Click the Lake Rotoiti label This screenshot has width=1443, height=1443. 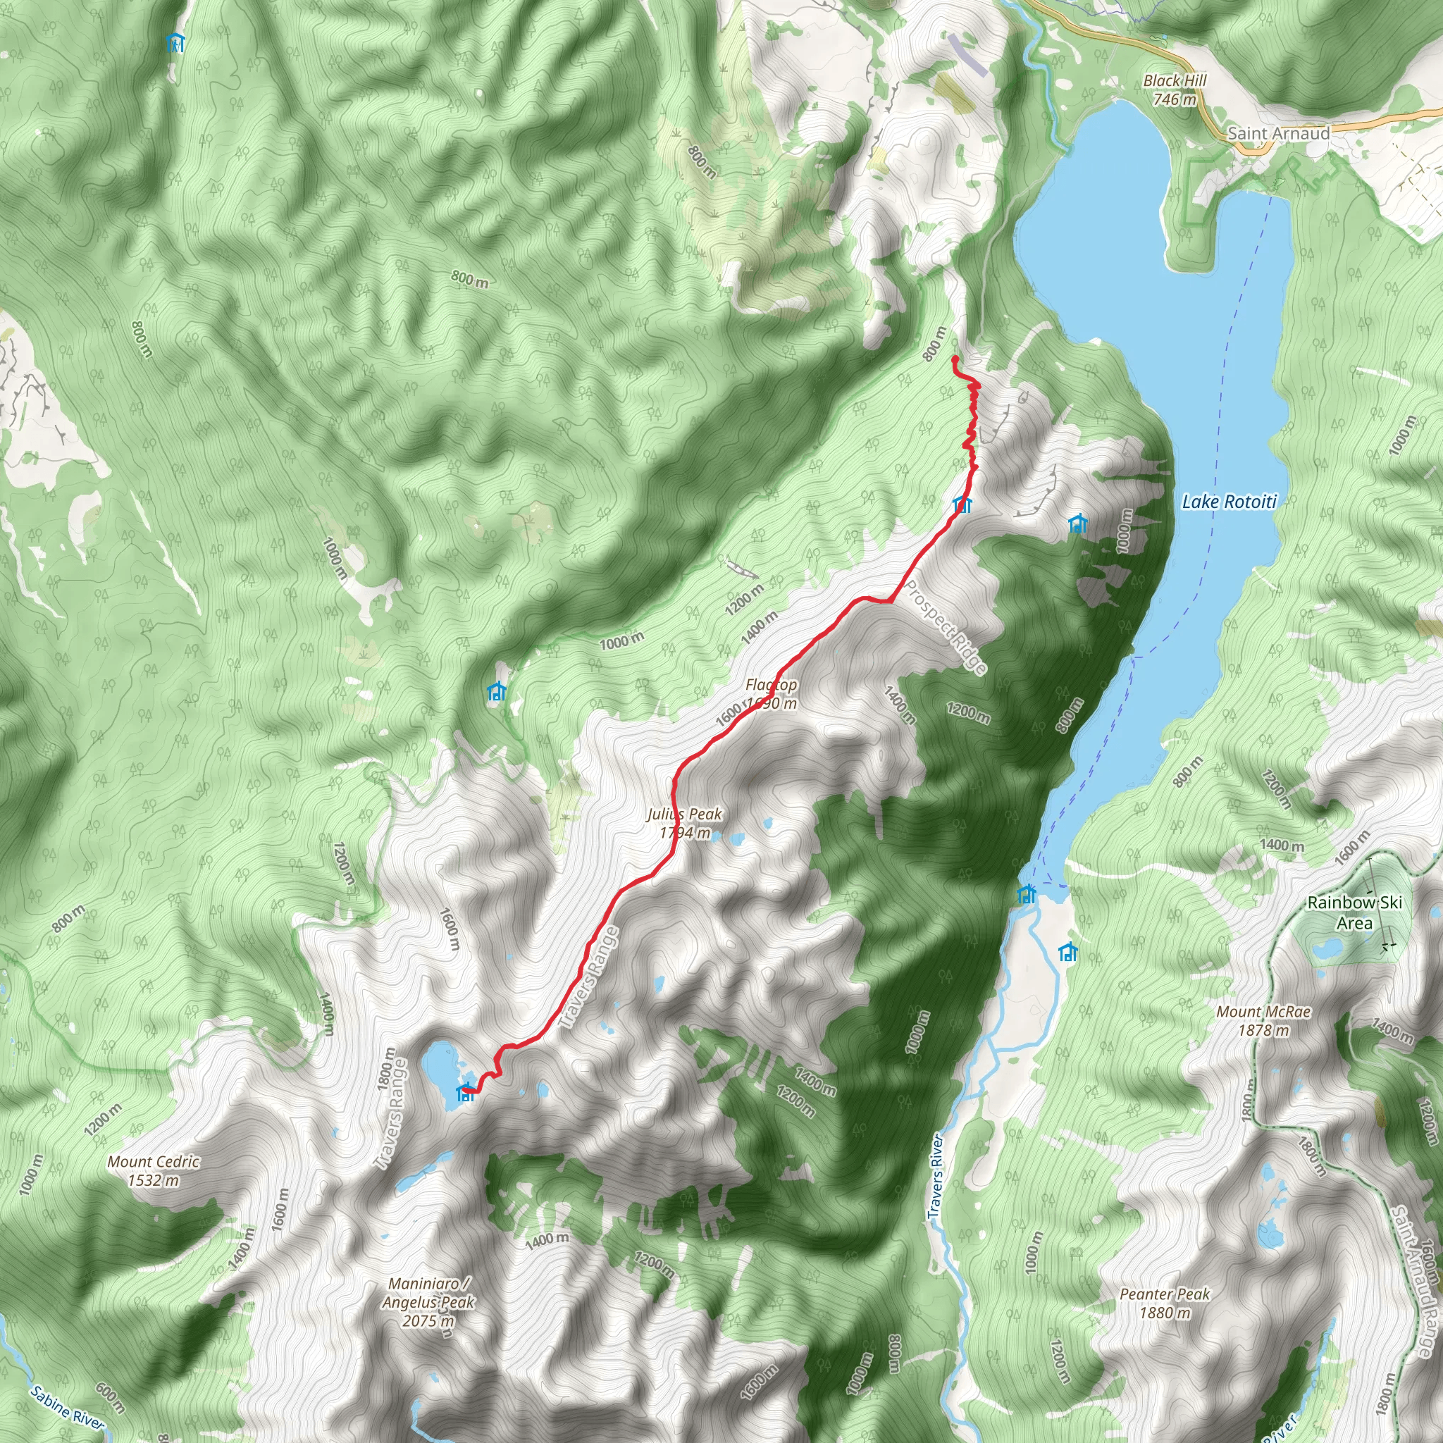pos(1230,502)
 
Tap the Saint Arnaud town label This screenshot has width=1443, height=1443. pos(1279,134)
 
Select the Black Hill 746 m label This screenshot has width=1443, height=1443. pos(1175,89)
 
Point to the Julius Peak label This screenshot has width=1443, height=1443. pos(684,822)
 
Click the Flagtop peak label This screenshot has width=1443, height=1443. pos(771,694)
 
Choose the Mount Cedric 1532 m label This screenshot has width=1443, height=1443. pos(153,1170)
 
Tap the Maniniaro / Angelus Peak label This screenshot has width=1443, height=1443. pos(428,1302)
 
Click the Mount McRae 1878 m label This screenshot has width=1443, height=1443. pos(1264,1020)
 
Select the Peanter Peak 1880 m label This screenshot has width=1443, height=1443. pos(1165,1303)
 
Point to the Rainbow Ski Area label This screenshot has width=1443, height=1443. pos(1354,912)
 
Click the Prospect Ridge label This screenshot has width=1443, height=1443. pos(946,627)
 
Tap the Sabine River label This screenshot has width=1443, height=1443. pos(67,1407)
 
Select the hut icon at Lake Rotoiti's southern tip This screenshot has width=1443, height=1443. pos(1028,893)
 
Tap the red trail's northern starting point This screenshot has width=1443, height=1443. pos(955,360)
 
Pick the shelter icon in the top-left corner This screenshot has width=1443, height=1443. pos(175,42)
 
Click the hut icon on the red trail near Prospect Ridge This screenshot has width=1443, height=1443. pos(962,505)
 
